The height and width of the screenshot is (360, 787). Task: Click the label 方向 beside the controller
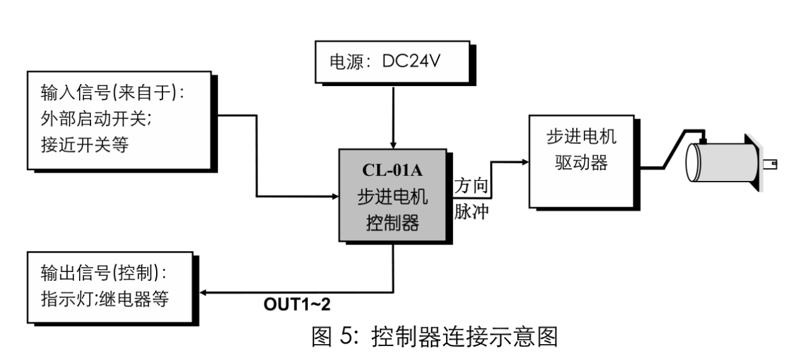(x=472, y=186)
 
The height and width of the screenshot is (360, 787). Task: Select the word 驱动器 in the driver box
(x=572, y=162)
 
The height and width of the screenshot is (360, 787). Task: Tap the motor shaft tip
(x=774, y=165)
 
